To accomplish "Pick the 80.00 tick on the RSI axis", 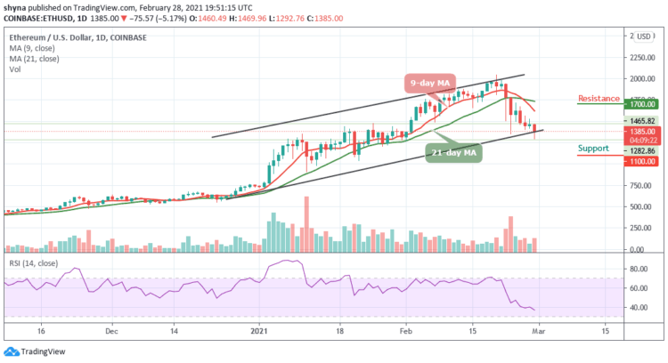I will (x=636, y=269).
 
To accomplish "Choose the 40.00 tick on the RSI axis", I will (x=636, y=308).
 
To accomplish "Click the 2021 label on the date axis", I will (x=258, y=329).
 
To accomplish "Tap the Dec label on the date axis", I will (x=110, y=329).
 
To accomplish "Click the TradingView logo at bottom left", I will (x=34, y=351).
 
